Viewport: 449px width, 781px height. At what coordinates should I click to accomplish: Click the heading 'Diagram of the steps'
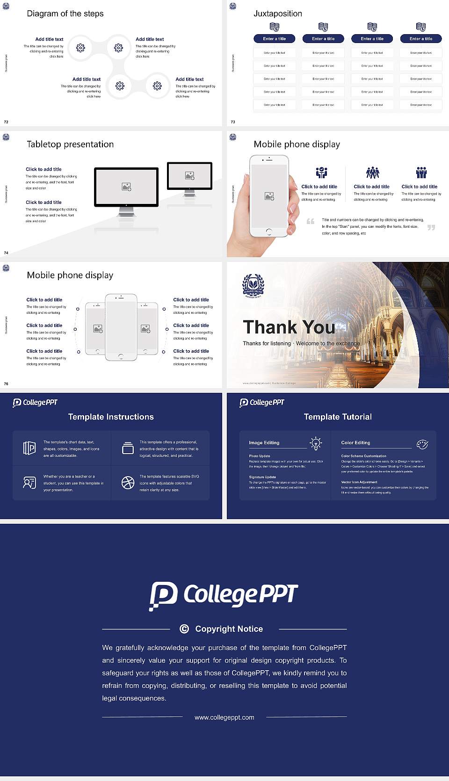coord(65,14)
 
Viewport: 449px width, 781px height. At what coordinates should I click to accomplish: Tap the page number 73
coord(233,122)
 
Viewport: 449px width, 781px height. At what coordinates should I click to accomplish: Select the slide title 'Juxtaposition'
coord(277,14)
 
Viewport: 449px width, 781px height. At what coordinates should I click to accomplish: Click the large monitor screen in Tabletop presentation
coord(126,187)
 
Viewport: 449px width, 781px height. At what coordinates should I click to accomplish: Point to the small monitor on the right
coord(189,176)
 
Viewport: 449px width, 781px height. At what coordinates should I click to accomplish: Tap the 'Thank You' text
coord(289,327)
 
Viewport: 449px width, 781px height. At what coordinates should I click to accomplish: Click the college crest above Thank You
coord(253,286)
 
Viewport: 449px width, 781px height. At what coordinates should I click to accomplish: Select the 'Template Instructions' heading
coord(111,417)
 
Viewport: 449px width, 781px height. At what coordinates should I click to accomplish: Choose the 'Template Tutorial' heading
coord(338,417)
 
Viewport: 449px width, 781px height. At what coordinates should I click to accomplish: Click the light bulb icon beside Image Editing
coord(316,443)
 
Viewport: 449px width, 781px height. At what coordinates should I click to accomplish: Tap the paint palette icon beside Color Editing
coord(422,444)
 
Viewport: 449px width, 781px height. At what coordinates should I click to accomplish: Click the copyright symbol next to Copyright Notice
coord(184,629)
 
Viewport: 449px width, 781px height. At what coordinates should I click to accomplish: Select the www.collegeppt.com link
coord(224,717)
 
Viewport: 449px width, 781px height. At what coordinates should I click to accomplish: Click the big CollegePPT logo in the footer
coord(224,595)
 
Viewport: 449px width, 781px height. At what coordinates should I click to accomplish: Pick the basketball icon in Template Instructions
coord(128,483)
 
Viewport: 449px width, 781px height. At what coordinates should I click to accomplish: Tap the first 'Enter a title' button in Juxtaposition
coord(275,39)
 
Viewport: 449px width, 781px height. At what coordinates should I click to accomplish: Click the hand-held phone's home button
coord(268,231)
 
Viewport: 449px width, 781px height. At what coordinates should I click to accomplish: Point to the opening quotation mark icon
coord(311,221)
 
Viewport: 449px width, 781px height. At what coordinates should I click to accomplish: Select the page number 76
coord(6,384)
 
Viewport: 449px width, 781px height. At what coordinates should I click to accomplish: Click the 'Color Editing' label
coord(355,442)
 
